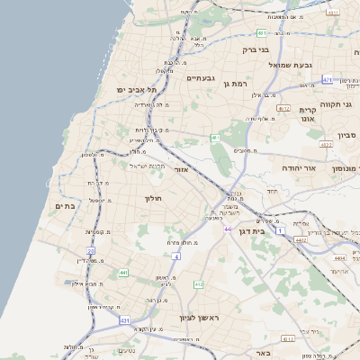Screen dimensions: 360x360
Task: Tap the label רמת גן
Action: click(238, 83)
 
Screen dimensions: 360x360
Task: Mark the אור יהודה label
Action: click(301, 168)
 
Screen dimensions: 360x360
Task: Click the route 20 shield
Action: click(91, 251)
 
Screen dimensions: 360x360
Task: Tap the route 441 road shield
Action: click(122, 271)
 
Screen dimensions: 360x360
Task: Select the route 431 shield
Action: click(125, 320)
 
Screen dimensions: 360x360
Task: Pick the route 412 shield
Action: click(198, 284)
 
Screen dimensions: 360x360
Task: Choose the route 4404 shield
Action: click(338, 258)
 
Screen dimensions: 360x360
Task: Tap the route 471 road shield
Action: click(328, 79)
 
